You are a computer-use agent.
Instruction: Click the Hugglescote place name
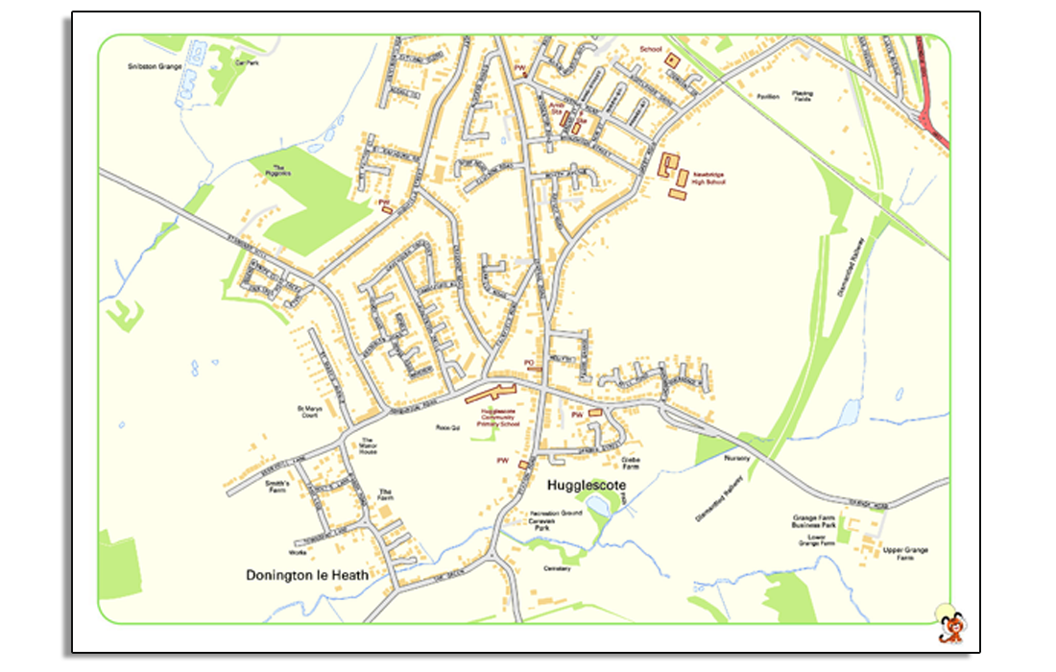586,486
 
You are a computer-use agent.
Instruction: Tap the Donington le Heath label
307,575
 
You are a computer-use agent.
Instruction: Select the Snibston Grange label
155,67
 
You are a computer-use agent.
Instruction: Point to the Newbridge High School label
708,179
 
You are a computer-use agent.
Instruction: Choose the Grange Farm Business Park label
814,521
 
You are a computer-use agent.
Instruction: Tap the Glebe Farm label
631,463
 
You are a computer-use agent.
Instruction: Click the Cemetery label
557,568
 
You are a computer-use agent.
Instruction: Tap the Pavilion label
767,96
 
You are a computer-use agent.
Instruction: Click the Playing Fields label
802,96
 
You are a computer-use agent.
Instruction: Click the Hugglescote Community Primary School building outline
491,393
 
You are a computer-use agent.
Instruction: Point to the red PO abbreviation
528,362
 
